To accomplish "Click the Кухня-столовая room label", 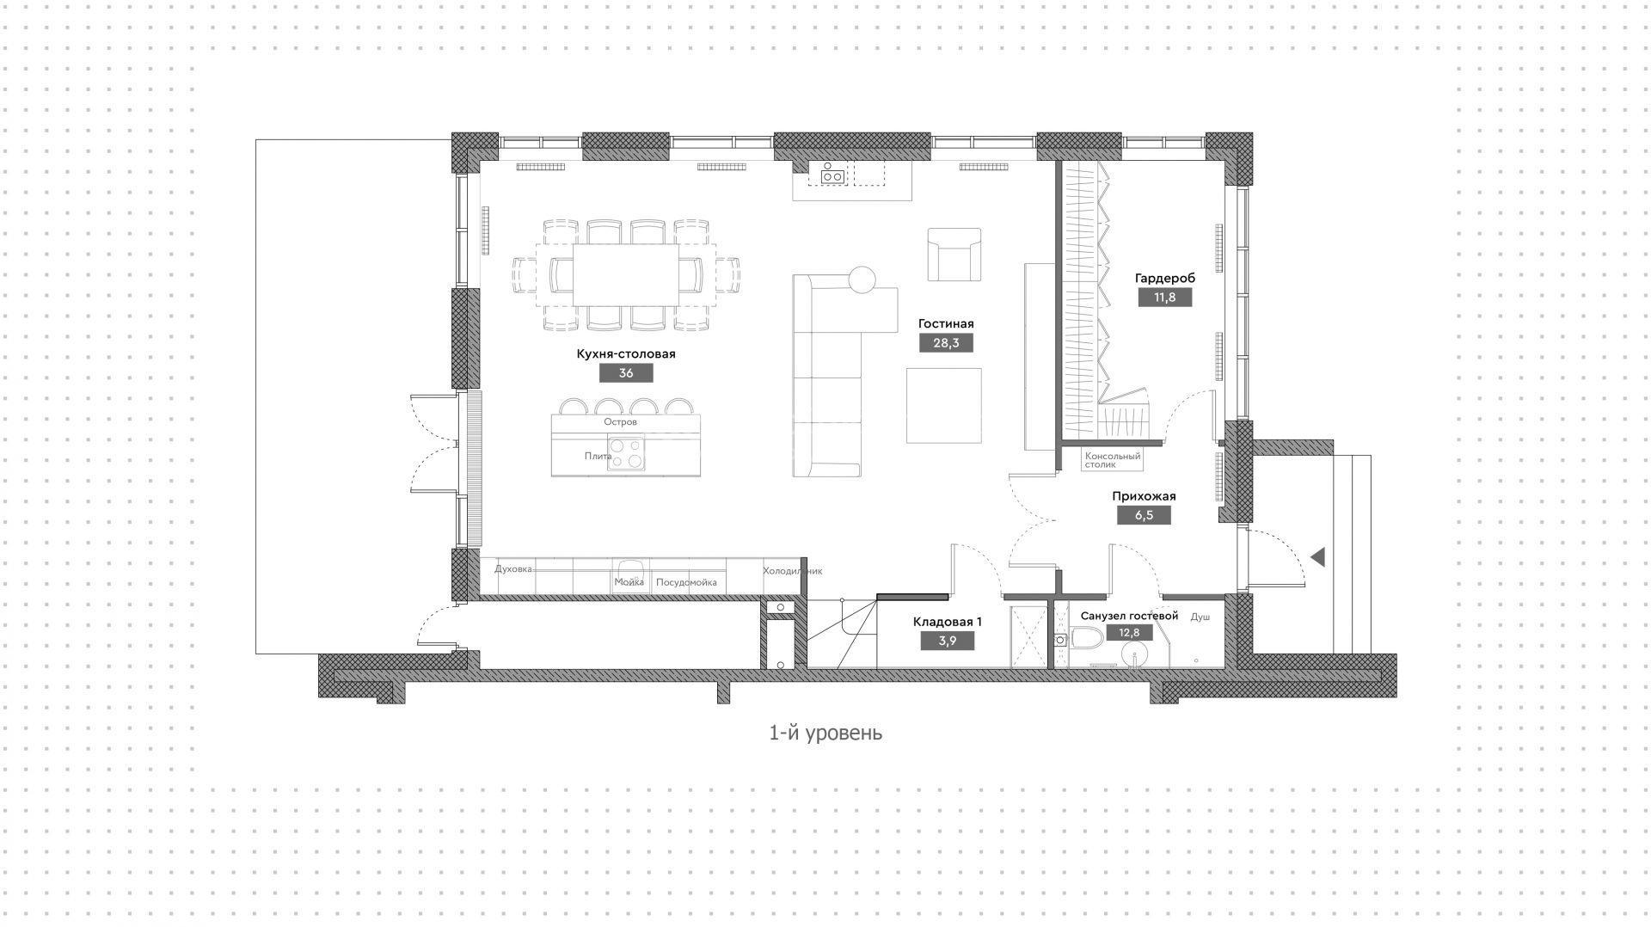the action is [x=625, y=354].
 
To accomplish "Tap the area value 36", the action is [x=626, y=373].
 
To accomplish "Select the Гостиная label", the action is [x=946, y=324].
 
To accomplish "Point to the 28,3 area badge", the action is [x=946, y=343].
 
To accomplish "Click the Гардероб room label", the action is [x=1165, y=279].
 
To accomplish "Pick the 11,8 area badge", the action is [x=1165, y=298].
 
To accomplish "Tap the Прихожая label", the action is [x=1144, y=496].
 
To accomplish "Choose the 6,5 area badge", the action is [x=1144, y=515].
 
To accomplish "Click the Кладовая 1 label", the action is [x=948, y=622].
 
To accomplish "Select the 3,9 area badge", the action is [x=948, y=641].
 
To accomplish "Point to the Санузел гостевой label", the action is [x=1129, y=617].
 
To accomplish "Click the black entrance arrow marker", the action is [x=1317, y=557].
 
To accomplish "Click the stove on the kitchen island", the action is [x=626, y=453].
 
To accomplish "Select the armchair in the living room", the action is [x=954, y=255].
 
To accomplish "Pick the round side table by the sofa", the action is [x=862, y=279].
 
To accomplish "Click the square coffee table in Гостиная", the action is [x=943, y=405].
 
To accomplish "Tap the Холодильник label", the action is [x=793, y=571].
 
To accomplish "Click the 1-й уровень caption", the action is [x=825, y=733].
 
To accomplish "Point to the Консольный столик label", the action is [x=1113, y=460].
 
